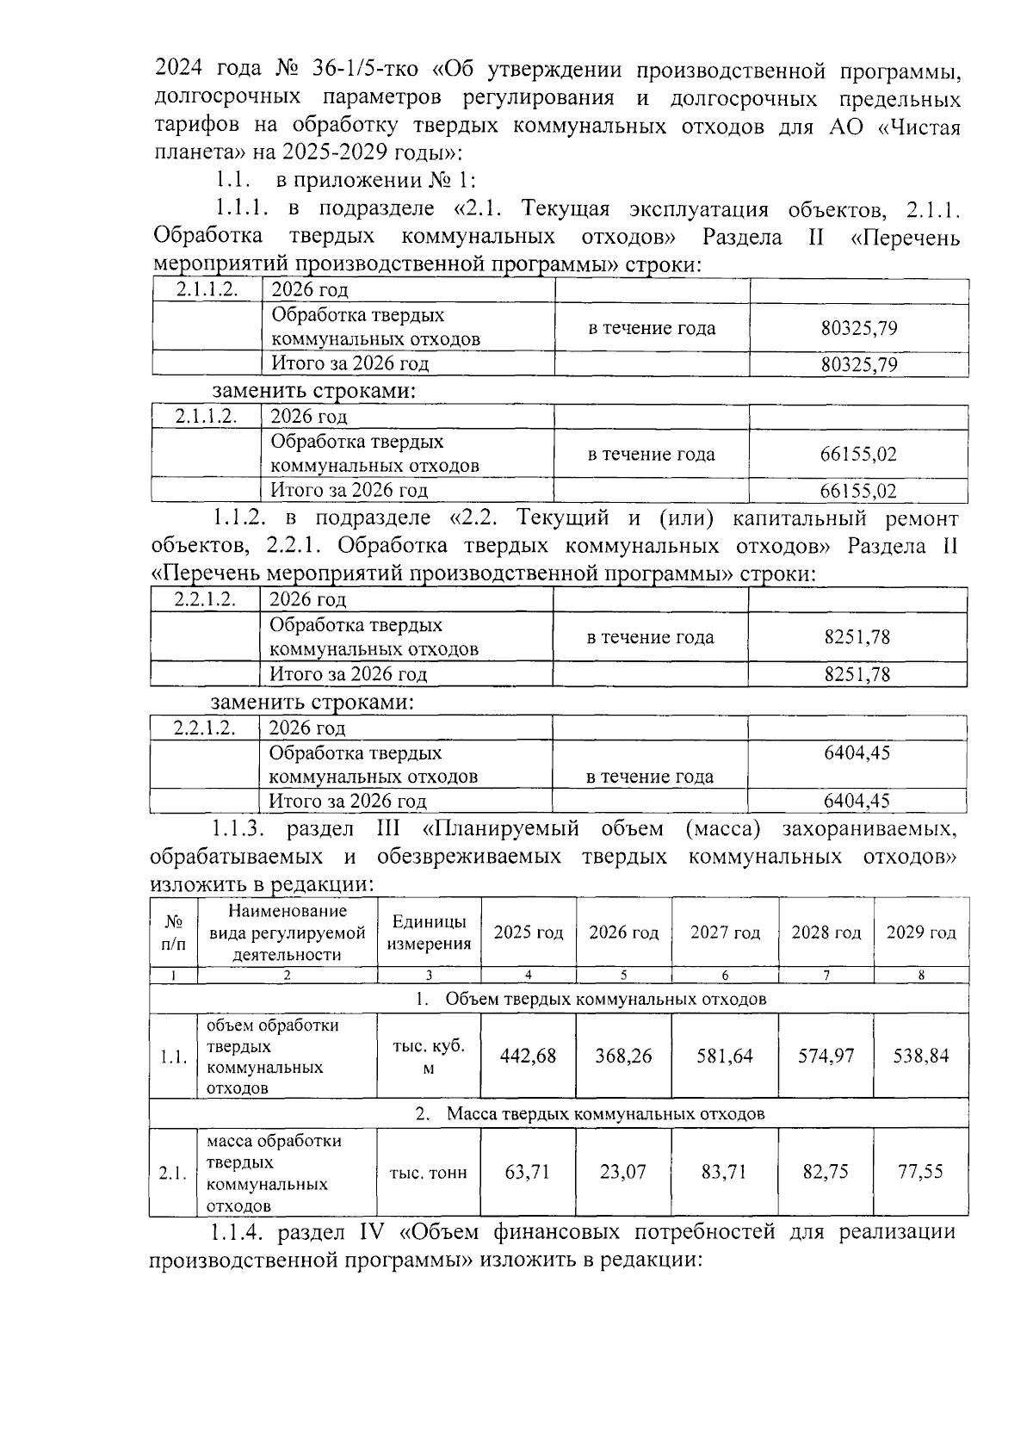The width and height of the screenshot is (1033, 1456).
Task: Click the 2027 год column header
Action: (x=725, y=933)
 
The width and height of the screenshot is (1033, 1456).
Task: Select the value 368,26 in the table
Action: (x=623, y=1056)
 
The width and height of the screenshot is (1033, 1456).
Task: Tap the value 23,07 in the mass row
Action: (x=622, y=1172)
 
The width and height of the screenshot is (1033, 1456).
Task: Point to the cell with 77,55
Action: (x=920, y=1172)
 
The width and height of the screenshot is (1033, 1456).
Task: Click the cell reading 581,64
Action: (x=725, y=1056)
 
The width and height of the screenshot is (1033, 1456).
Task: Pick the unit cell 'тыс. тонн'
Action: (x=429, y=1173)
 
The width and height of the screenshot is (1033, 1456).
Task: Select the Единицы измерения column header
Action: (x=429, y=932)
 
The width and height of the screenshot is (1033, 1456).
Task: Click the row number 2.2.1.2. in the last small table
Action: (x=204, y=728)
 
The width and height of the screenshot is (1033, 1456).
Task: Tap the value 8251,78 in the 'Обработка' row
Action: (x=857, y=638)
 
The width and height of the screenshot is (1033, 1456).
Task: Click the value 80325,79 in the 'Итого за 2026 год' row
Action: (x=859, y=365)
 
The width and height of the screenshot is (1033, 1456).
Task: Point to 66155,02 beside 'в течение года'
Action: (x=858, y=455)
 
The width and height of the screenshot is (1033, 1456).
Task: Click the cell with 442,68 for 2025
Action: (x=529, y=1056)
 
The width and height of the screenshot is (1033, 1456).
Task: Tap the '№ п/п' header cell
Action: (x=173, y=932)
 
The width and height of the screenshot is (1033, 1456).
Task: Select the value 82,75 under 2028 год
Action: (x=826, y=1172)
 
